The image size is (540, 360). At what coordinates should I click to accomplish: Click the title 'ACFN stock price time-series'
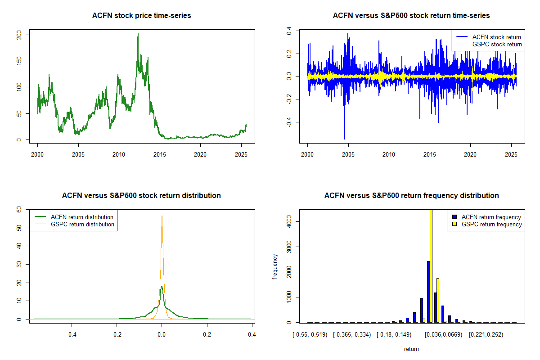[141, 16]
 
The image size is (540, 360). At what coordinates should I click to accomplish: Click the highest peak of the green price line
[138, 34]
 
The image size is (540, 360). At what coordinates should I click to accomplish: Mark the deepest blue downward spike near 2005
[345, 139]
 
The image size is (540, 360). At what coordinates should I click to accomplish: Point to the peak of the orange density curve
[162, 216]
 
